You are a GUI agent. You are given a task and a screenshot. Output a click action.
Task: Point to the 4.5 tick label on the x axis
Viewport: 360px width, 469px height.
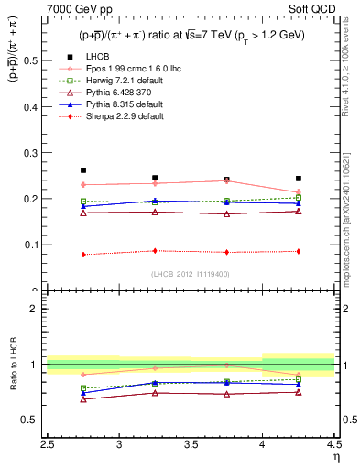point(333,442)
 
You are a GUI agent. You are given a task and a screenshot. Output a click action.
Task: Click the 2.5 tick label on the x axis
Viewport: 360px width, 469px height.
point(48,442)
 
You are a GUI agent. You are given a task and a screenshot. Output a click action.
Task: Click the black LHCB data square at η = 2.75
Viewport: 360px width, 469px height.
point(83,170)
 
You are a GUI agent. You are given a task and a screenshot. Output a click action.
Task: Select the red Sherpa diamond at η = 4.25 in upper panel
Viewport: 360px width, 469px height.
point(298,251)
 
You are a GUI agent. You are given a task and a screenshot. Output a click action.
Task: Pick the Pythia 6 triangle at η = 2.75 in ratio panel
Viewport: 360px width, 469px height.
point(83,399)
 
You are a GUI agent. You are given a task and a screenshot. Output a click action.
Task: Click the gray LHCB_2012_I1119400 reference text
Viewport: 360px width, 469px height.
point(191,273)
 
